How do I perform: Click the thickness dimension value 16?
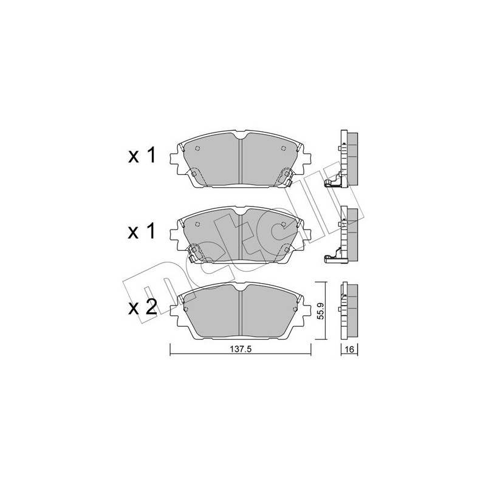349,350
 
